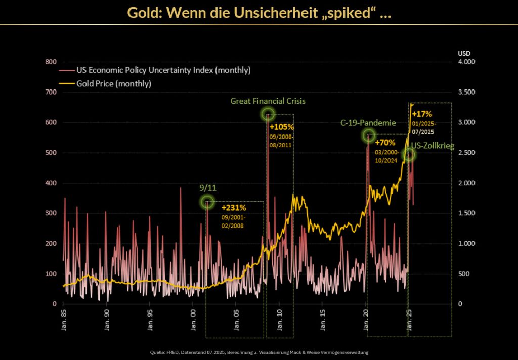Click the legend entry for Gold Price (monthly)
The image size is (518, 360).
[114, 83]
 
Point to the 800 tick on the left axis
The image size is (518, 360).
[51, 62]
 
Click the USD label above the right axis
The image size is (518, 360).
[463, 53]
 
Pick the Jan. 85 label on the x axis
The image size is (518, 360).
[63, 317]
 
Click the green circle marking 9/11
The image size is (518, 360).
[207, 202]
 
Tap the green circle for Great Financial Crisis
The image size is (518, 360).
[268, 114]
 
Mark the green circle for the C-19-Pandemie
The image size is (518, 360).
[369, 135]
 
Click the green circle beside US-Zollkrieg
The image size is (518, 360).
[409, 155]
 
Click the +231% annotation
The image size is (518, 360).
[233, 208]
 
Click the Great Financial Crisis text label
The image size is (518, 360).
[268, 101]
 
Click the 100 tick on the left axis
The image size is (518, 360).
[51, 274]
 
